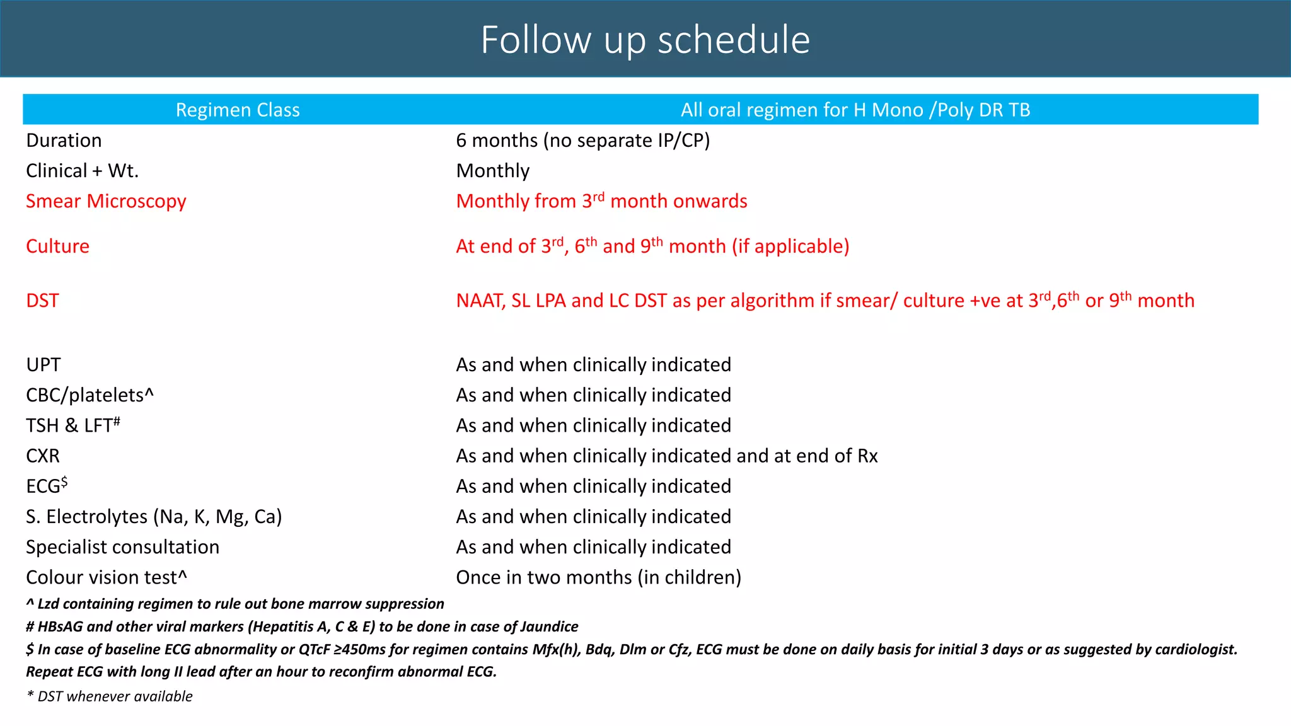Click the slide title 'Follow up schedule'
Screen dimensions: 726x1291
(x=645, y=40)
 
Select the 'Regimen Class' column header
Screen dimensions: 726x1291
(x=238, y=110)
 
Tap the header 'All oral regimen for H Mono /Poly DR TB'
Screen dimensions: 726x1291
(x=855, y=110)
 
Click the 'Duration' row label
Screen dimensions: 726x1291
(x=64, y=141)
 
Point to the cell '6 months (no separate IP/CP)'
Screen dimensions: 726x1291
(x=582, y=141)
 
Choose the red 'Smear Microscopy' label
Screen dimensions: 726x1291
(x=106, y=201)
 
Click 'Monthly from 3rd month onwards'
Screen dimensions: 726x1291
(x=601, y=201)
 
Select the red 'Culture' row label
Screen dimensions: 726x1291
(x=57, y=246)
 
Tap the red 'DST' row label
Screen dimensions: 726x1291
(x=42, y=301)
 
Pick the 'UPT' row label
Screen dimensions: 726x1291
(x=43, y=365)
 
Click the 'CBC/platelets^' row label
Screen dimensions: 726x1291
(x=90, y=395)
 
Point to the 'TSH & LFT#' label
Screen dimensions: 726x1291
(x=72, y=425)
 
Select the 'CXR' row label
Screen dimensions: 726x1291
(x=43, y=456)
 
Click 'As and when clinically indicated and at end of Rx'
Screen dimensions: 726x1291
(x=666, y=456)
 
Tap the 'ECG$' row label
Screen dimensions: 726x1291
(x=46, y=486)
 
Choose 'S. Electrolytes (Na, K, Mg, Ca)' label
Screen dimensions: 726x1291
(x=154, y=517)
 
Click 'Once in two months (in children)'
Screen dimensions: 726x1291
(x=598, y=577)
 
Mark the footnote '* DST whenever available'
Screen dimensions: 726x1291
(x=109, y=696)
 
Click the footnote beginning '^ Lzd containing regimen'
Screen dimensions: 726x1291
(x=234, y=604)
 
